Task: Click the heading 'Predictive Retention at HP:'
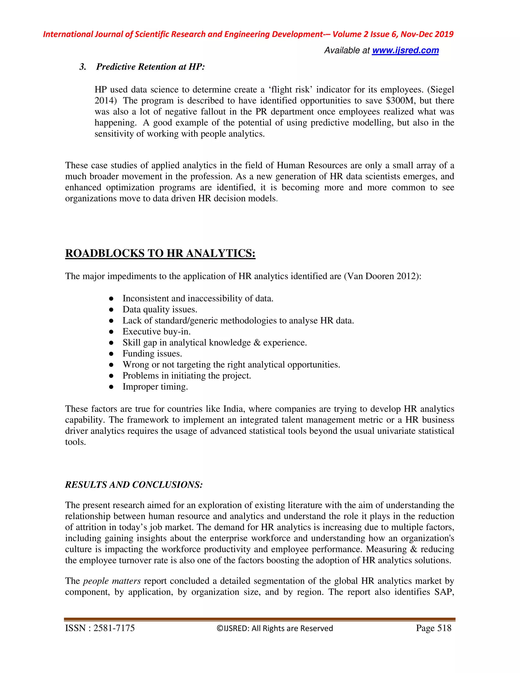tap(150, 67)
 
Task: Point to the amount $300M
tap(400, 101)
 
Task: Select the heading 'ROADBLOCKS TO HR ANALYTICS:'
tap(160, 253)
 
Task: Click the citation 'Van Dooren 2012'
tap(381, 276)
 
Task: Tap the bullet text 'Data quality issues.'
tap(160, 309)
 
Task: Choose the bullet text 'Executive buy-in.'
tap(156, 332)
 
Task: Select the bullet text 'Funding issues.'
tap(152, 354)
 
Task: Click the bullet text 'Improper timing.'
tap(155, 387)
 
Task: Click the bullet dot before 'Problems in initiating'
tap(111, 376)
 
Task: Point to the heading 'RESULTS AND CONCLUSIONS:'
tap(134, 485)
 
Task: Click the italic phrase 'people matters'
tap(112, 581)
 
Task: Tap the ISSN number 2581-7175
tap(114, 628)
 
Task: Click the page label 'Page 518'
tap(433, 628)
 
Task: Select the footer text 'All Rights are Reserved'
tap(292, 629)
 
